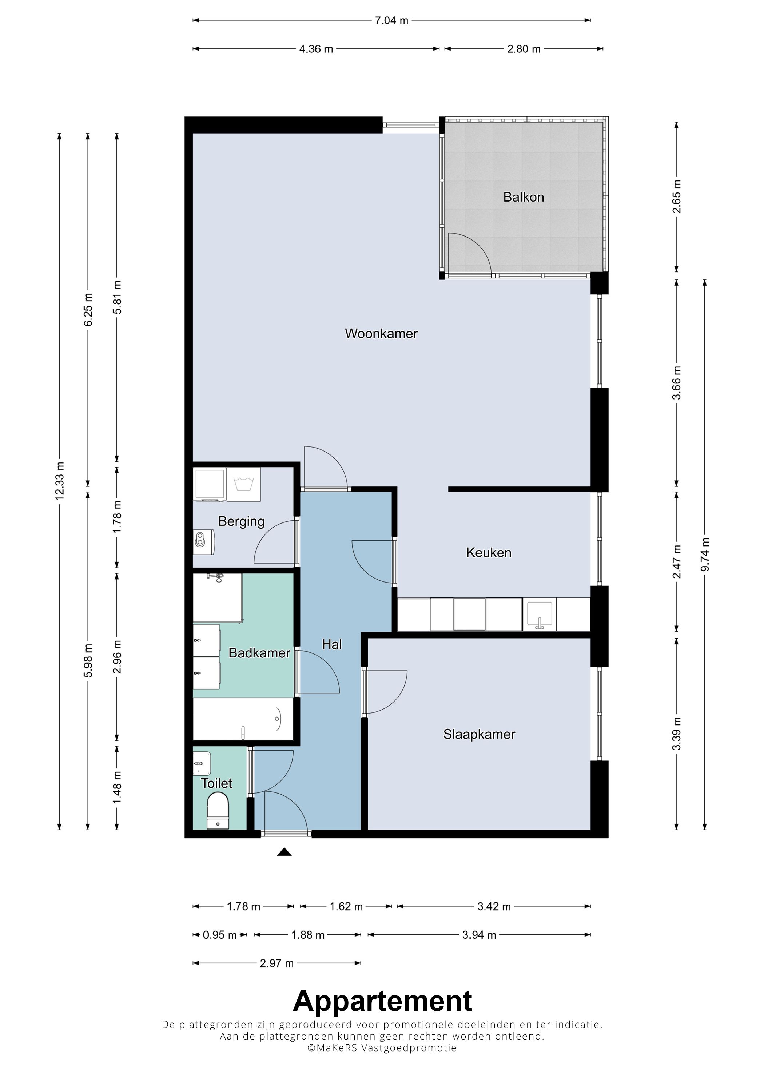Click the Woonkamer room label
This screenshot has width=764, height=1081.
[x=381, y=333]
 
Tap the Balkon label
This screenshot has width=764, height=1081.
[x=524, y=197]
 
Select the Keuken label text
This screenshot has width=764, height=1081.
[x=489, y=552]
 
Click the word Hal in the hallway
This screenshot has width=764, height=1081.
[x=332, y=644]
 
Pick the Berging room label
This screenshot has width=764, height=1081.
[x=242, y=522]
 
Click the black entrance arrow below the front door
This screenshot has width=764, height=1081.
[x=284, y=851]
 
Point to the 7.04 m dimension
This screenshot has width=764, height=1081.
[x=392, y=20]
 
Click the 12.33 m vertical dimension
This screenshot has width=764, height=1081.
[x=59, y=481]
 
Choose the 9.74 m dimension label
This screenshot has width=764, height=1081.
[x=705, y=555]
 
